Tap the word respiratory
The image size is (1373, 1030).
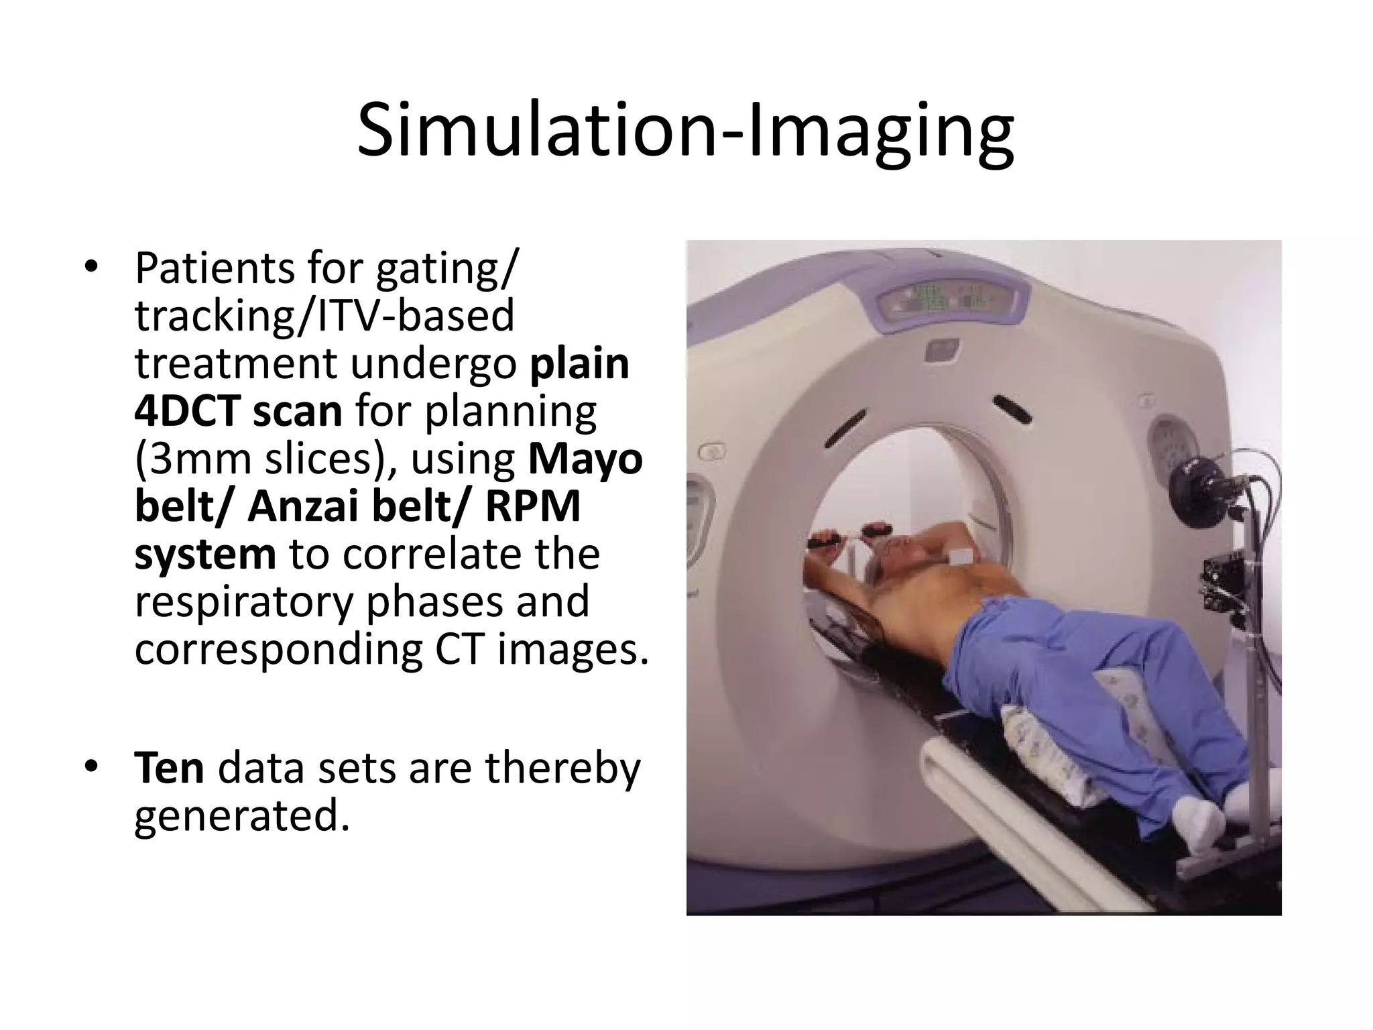coord(243,603)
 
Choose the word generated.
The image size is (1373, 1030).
coord(242,816)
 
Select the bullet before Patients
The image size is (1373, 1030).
coord(91,268)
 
